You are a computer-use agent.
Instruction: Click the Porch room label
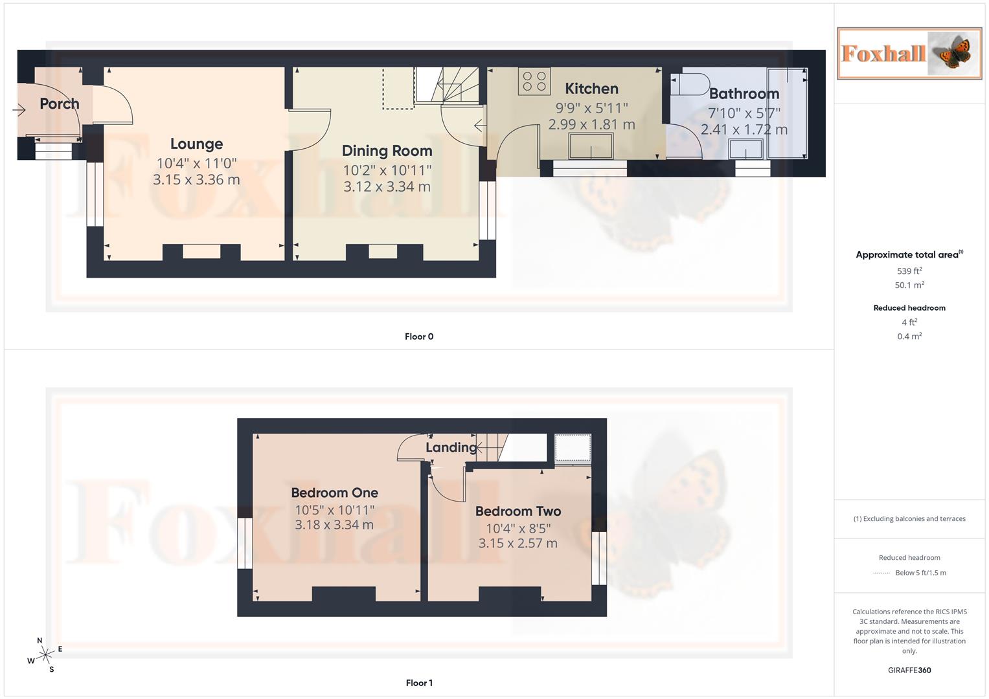60,104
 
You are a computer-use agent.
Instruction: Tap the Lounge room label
196,144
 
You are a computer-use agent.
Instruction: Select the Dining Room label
387,151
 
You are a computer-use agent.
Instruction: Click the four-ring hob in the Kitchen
534,82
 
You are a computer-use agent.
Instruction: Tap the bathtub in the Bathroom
788,113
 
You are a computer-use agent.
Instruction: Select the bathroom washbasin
745,150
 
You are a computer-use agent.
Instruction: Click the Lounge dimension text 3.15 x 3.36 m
196,180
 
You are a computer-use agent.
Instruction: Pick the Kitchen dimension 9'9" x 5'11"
591,107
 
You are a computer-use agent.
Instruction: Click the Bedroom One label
334,493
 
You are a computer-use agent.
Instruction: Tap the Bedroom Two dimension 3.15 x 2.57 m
517,543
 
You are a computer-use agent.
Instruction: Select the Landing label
451,447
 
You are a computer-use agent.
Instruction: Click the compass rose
45,656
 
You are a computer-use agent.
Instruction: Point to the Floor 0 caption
419,337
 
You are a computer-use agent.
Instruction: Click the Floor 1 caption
419,683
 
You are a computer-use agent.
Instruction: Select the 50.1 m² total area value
909,285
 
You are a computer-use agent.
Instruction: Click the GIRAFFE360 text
909,670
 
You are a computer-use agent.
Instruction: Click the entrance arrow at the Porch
19,111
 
